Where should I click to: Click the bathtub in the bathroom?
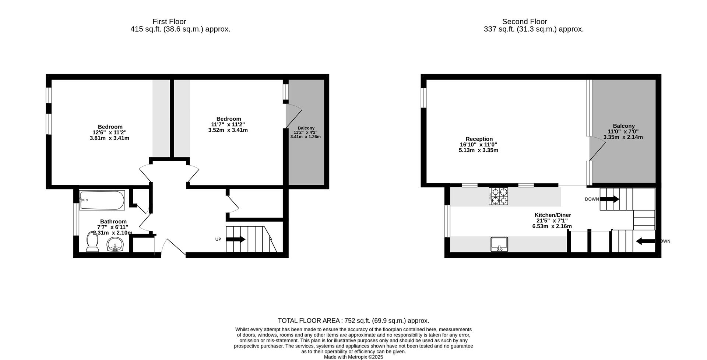(x=102, y=200)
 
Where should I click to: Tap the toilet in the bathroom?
(x=92, y=242)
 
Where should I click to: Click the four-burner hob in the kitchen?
(x=498, y=196)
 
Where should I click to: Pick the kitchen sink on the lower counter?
(x=499, y=244)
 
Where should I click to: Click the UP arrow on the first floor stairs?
(x=236, y=239)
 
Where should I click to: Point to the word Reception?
(x=479, y=139)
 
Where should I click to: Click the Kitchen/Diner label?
(x=552, y=215)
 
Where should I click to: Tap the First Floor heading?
(x=169, y=22)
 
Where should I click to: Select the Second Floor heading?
(x=524, y=22)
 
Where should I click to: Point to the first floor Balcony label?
(x=306, y=128)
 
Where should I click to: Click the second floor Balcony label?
(x=623, y=126)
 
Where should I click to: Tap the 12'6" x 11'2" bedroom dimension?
(x=110, y=133)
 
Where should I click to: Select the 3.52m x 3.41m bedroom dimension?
(x=228, y=130)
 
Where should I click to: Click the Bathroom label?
(x=113, y=222)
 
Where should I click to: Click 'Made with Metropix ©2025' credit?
(x=353, y=357)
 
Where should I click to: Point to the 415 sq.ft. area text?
(x=180, y=29)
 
